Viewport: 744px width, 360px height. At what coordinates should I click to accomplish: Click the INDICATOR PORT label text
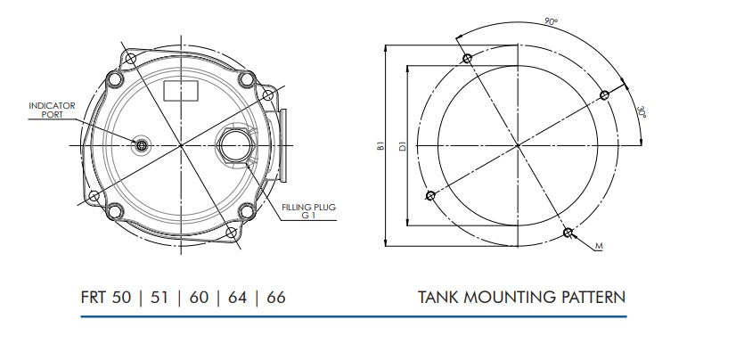coord(53,110)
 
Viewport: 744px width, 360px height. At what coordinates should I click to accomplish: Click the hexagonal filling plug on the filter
coord(233,143)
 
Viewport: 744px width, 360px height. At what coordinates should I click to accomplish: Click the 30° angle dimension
coord(642,112)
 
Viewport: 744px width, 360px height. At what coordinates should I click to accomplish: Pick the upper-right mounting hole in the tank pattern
coord(604,94)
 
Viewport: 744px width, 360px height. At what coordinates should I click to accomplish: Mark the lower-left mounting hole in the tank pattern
coord(430,194)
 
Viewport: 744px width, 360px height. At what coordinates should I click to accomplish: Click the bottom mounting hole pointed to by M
coord(569,233)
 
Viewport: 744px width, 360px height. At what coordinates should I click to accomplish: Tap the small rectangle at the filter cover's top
coord(182,89)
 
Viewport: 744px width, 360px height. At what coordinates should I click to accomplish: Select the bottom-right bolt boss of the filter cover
coord(233,233)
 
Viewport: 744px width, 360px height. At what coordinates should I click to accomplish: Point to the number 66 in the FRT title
coord(276,297)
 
